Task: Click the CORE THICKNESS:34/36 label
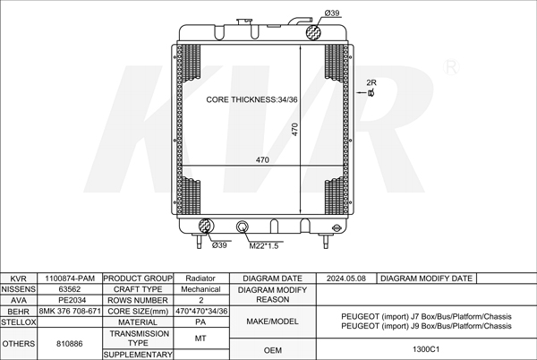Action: [x=251, y=99]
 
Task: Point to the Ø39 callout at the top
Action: [x=332, y=13]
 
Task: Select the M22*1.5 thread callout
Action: [x=264, y=245]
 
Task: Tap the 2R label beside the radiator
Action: [x=371, y=82]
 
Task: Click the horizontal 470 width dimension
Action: [x=262, y=160]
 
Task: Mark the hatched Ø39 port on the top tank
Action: [x=314, y=32]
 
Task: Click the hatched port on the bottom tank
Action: [x=206, y=226]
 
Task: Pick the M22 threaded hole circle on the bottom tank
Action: [x=243, y=227]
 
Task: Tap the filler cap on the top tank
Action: [x=244, y=21]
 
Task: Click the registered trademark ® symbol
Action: [x=451, y=67]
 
